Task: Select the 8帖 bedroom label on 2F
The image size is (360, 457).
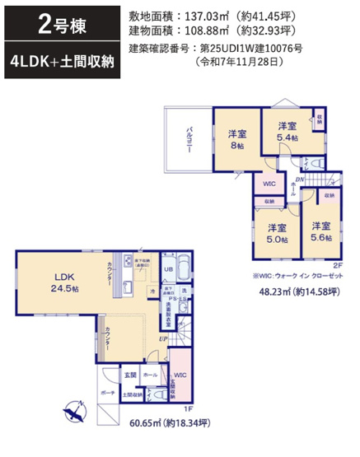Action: (238, 139)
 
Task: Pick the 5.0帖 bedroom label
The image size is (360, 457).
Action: (275, 233)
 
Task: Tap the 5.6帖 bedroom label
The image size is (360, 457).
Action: (320, 231)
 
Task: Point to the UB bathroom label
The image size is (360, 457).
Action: (167, 269)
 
